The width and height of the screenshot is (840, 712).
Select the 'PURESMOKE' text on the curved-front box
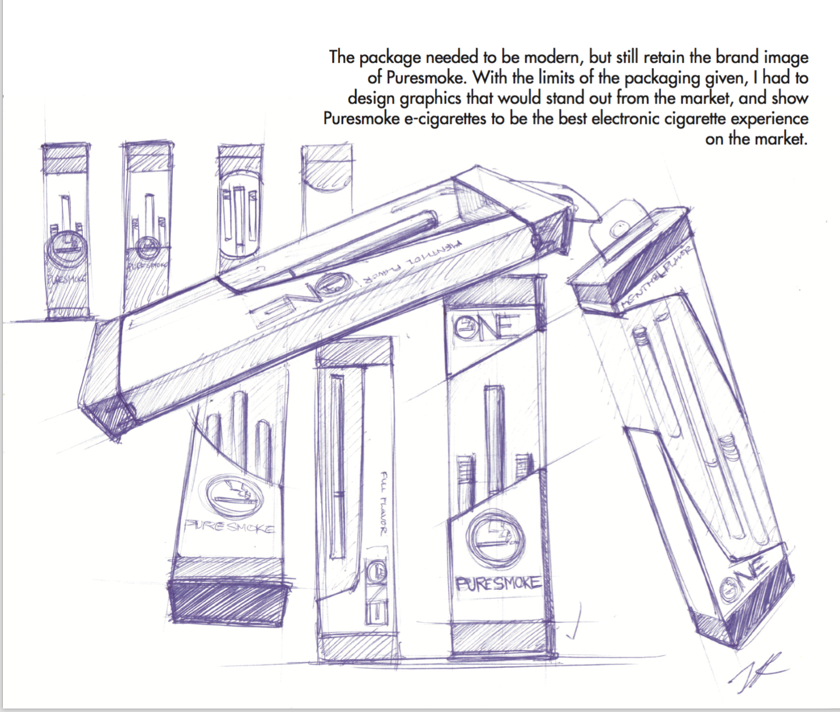point(229,527)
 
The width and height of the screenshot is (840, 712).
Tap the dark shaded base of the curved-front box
point(229,603)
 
